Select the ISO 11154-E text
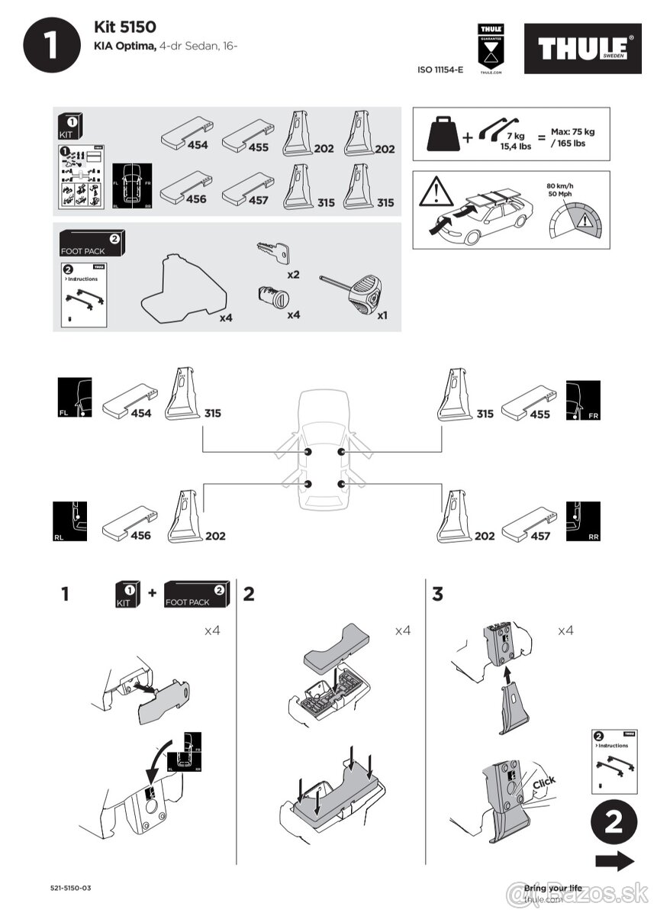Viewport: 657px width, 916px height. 440,69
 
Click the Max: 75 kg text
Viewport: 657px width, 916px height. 572,132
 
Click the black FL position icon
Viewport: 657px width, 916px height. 75,397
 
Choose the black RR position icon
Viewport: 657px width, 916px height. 583,522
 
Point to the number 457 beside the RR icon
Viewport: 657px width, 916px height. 539,536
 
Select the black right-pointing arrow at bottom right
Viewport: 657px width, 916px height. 614,861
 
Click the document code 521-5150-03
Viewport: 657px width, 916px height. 70,888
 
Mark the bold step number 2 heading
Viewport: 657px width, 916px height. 249,593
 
